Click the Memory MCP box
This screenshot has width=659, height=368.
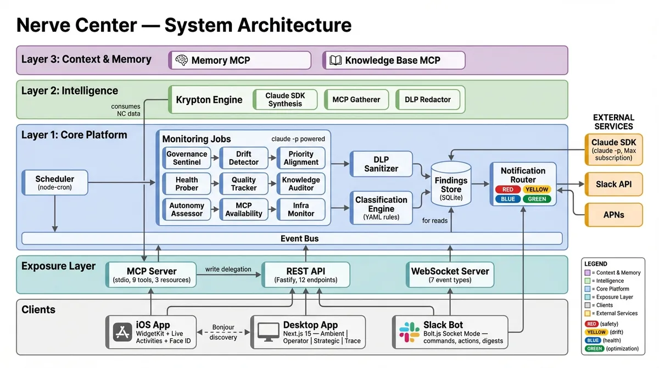coord(239,60)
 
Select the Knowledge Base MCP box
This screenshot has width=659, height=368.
coord(393,60)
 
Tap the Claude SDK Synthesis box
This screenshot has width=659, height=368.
coord(285,99)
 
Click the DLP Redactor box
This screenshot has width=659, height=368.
coord(427,99)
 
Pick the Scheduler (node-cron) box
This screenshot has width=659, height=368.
coord(54,183)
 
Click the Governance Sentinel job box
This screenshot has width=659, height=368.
coord(187,158)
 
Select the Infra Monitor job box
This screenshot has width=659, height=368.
coord(300,209)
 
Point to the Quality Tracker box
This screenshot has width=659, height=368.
coord(243,183)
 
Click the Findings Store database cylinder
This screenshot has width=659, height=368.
coord(451,184)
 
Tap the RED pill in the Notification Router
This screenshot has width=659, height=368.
coord(508,189)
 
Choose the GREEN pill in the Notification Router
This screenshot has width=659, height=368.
coord(537,199)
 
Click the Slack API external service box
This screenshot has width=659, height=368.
coord(613,184)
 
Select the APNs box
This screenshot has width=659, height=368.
coord(613,215)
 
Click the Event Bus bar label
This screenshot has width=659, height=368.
coord(299,238)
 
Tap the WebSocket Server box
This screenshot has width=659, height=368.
coord(450,275)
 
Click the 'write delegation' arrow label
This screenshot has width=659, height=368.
coord(228,269)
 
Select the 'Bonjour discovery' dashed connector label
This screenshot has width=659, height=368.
coord(223,332)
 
